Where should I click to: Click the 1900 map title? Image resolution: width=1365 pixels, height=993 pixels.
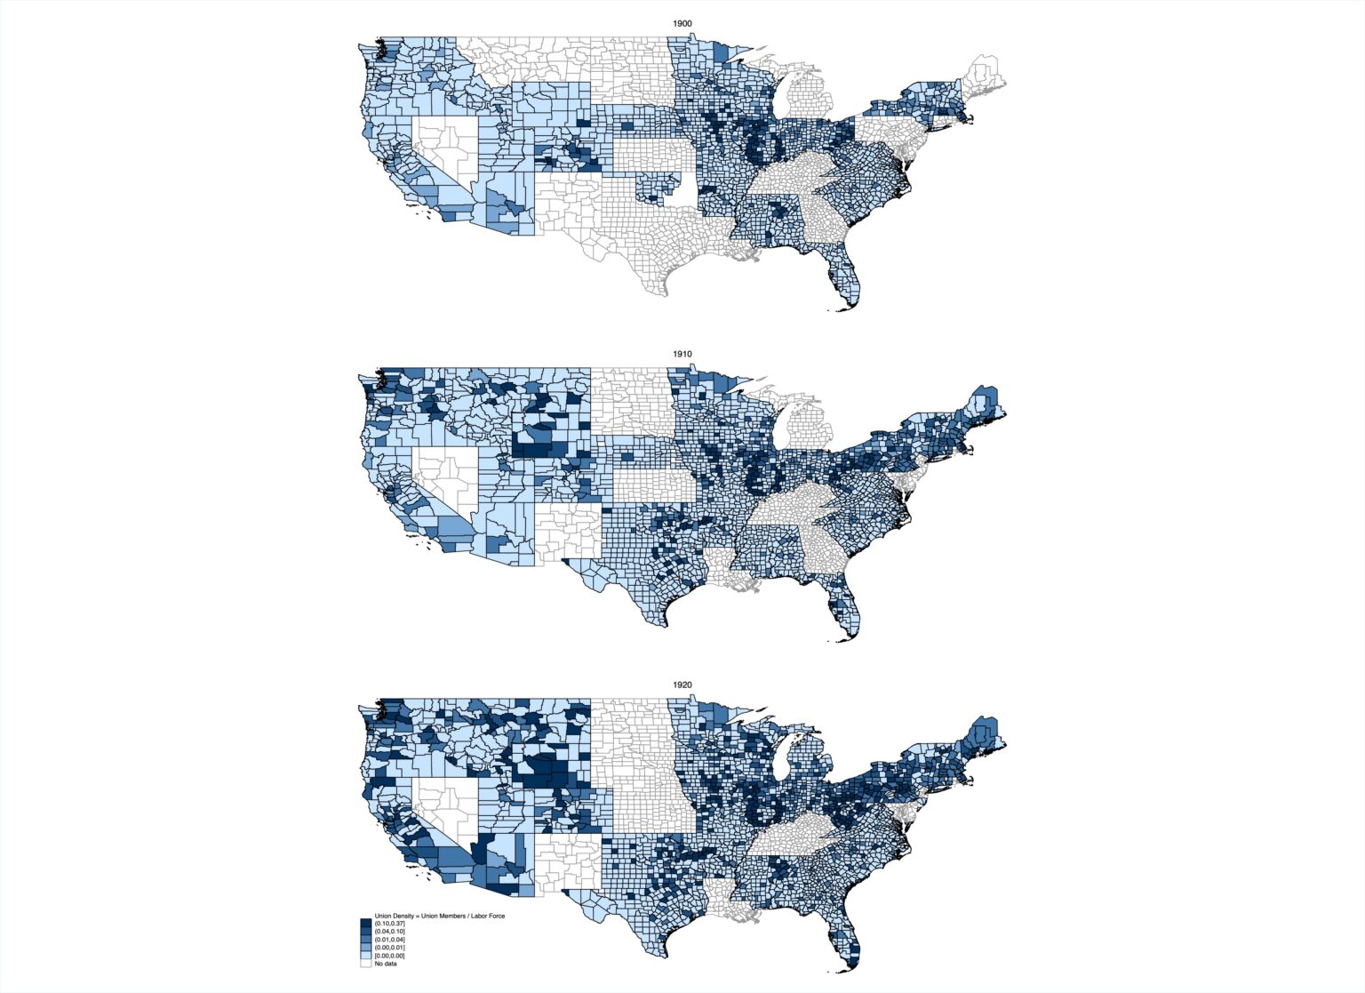pos(682,22)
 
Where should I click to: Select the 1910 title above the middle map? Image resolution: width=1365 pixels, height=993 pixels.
pos(682,354)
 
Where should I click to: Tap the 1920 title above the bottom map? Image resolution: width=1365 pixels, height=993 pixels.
pos(682,685)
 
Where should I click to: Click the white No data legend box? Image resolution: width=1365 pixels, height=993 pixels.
pos(365,964)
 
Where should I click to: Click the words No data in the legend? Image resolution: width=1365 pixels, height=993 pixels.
pos(386,964)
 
